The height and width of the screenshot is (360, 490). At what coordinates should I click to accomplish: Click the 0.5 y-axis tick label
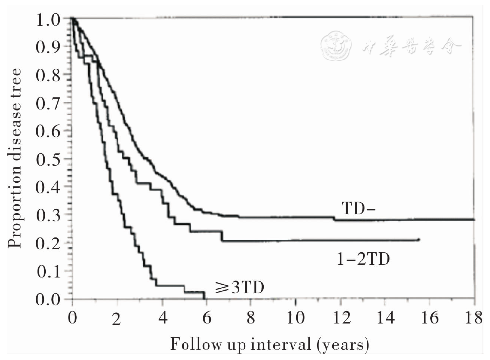49,159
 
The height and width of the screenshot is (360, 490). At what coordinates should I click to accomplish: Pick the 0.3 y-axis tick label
49,215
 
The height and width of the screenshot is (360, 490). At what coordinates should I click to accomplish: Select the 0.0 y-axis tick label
49,299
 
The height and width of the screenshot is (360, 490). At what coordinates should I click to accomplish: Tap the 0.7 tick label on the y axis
49,103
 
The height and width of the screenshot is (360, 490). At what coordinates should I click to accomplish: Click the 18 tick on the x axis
474,318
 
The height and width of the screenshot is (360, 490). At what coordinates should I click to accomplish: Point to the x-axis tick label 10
296,318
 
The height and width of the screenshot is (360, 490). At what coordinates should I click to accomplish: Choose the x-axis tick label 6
206,318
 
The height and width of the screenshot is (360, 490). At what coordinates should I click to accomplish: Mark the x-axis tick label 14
385,318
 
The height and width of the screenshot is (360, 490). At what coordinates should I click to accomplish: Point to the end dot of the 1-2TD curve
419,240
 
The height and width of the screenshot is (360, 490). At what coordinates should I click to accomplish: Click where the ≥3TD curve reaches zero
204,298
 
